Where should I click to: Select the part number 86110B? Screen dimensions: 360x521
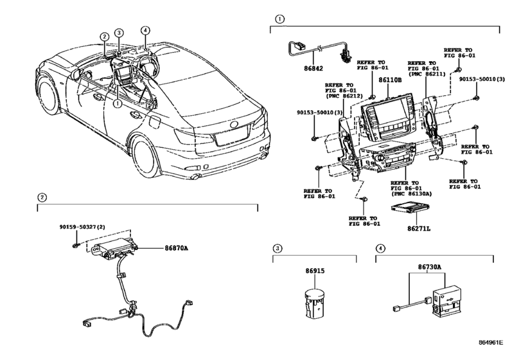pyautogui.click(x=389, y=80)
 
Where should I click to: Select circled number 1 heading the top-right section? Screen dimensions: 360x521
pyautogui.click(x=279, y=19)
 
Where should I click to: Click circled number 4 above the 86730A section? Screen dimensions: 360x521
pyautogui.click(x=380, y=248)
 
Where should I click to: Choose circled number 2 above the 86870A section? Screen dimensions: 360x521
pyautogui.click(x=41, y=197)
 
